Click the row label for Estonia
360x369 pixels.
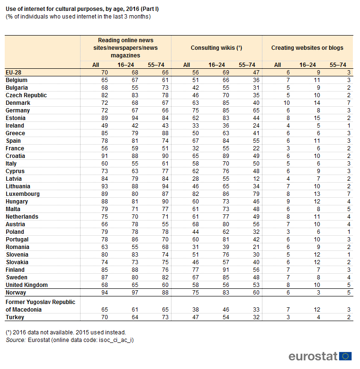(x=16, y=118)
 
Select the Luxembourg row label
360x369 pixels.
(x=23, y=194)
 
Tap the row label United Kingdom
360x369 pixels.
(x=27, y=285)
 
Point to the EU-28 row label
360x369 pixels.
(x=13, y=73)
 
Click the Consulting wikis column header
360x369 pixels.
(x=216, y=48)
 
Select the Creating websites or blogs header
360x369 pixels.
(x=307, y=48)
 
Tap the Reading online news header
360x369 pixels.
(x=126, y=48)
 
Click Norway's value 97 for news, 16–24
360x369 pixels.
(x=135, y=293)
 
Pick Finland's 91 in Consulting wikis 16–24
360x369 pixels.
(x=226, y=270)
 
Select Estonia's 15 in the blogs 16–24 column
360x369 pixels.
(x=317, y=118)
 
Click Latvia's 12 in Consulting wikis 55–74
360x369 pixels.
(x=256, y=179)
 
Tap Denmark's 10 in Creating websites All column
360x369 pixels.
(x=287, y=103)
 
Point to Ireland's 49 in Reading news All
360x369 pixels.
(x=105, y=126)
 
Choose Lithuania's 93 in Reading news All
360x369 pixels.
(x=105, y=186)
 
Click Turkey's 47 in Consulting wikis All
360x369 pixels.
(x=196, y=317)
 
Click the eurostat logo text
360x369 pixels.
(x=313, y=356)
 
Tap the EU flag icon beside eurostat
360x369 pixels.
(x=345, y=356)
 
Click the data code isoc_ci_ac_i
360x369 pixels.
(x=116, y=340)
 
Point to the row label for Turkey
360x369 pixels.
(x=15, y=317)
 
